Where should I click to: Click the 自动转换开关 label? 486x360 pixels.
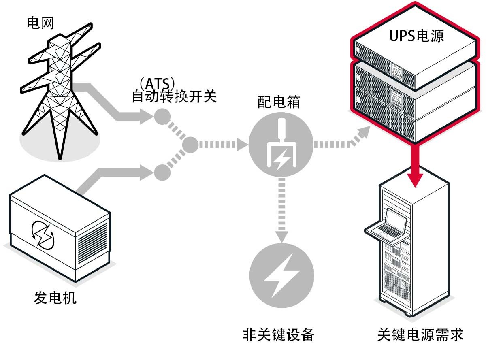click(174, 97)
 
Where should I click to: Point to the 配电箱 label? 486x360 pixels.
click(279, 102)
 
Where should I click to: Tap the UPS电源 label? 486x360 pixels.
click(416, 36)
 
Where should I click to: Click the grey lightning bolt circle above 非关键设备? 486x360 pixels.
click(282, 276)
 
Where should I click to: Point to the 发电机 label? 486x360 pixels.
click(55, 298)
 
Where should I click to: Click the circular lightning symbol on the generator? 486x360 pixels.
click(43, 234)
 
